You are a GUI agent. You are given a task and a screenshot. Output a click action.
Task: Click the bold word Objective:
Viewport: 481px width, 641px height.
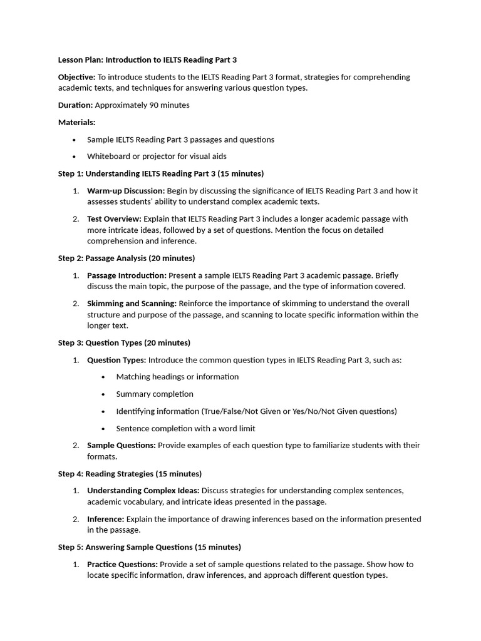pos(77,77)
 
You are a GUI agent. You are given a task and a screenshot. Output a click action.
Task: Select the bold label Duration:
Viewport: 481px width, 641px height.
pos(75,105)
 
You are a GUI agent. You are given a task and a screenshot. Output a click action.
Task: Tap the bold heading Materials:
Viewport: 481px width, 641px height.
pos(76,122)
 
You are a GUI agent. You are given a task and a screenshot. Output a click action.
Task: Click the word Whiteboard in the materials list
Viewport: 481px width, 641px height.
pos(109,156)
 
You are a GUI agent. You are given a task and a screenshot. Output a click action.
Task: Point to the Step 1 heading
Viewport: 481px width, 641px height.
pos(161,173)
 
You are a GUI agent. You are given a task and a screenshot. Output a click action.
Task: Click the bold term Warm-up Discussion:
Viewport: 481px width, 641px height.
pos(126,190)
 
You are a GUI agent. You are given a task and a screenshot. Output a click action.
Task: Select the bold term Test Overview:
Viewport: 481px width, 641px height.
pos(115,219)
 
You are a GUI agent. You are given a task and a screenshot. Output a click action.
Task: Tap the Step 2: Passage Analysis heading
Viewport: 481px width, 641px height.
pos(127,258)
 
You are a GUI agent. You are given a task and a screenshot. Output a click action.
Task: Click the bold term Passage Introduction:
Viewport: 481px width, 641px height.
pos(127,275)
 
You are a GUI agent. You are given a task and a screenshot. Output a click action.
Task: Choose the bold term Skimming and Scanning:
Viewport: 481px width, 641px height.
pos(132,304)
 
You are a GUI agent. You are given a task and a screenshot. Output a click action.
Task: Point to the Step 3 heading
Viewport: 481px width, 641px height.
pos(124,342)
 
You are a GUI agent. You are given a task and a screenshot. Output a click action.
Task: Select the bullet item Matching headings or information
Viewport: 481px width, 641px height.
pos(177,377)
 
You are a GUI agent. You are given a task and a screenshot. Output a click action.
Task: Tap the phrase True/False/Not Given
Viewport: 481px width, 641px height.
pos(241,411)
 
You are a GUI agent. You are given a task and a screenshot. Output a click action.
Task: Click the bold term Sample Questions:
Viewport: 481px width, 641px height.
pos(121,445)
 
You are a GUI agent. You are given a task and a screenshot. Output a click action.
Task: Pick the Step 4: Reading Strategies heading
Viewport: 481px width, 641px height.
pos(130,474)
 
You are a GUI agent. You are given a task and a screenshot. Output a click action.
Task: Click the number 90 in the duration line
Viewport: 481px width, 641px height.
pos(153,105)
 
